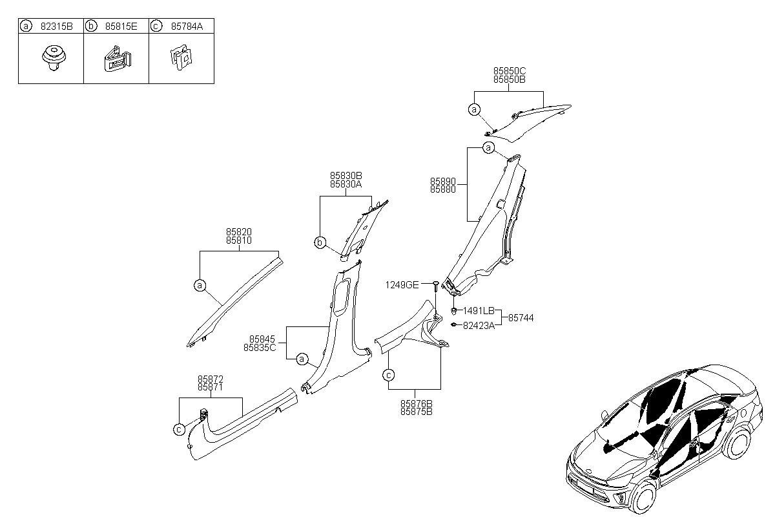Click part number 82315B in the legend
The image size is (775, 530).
(x=57, y=26)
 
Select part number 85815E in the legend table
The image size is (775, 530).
(x=121, y=26)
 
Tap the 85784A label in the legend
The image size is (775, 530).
(x=187, y=26)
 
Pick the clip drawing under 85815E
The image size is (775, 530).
(x=118, y=59)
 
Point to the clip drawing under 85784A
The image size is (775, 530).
(x=181, y=58)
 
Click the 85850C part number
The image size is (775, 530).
(x=510, y=71)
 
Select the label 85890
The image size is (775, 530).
(x=443, y=182)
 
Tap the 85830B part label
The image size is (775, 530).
(x=346, y=176)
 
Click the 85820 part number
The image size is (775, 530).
(x=239, y=232)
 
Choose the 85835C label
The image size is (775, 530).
(x=260, y=348)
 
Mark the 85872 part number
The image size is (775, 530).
(x=211, y=379)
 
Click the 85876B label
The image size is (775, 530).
(x=416, y=404)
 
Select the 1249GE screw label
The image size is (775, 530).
(x=402, y=285)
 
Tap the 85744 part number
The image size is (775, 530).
(x=521, y=318)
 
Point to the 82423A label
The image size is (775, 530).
(x=479, y=326)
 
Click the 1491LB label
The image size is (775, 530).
(x=479, y=311)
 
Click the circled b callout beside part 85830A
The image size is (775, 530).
(x=320, y=242)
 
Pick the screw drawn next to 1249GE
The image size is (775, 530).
(x=436, y=286)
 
